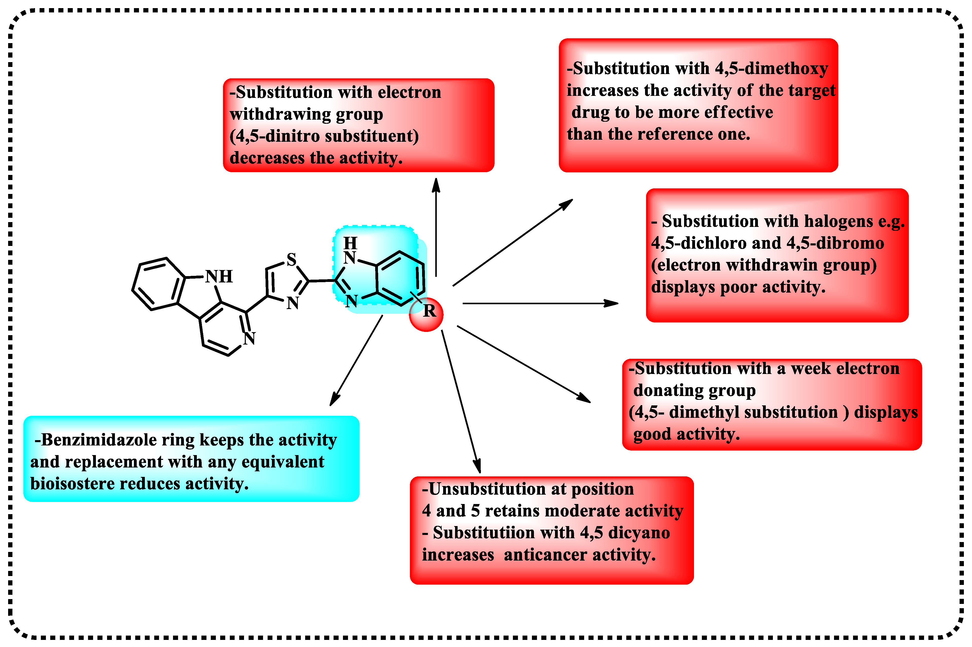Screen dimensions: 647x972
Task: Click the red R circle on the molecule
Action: point(426,314)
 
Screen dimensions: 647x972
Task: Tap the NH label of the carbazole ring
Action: point(219,276)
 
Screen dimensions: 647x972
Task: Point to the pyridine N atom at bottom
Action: point(249,338)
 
